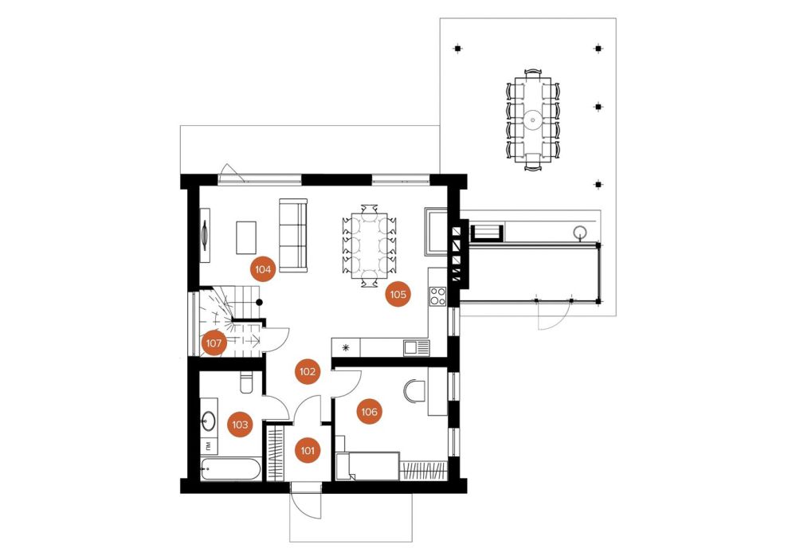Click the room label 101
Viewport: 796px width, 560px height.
coord(308,450)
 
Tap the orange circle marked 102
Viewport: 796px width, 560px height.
coord(308,372)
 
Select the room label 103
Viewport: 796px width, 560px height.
coord(240,425)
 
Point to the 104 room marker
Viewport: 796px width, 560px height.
coord(263,269)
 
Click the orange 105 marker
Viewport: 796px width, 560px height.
coord(398,294)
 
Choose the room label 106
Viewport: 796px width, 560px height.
coord(370,412)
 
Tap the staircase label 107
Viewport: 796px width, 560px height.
coord(214,343)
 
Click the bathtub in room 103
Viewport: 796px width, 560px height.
coord(231,469)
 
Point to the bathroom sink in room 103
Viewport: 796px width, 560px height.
coord(208,420)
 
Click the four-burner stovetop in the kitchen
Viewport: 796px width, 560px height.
coord(437,296)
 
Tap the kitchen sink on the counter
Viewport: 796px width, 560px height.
coord(416,348)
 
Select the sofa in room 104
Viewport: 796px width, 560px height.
coord(293,235)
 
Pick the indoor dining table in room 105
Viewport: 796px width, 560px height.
coord(369,245)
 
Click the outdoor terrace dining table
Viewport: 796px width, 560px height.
coord(532,119)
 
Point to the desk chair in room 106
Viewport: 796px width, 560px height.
coord(414,391)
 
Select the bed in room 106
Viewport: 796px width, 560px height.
coord(367,465)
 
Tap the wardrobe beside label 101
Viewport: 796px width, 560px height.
coord(276,453)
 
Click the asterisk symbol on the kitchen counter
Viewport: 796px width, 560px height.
coord(347,348)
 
